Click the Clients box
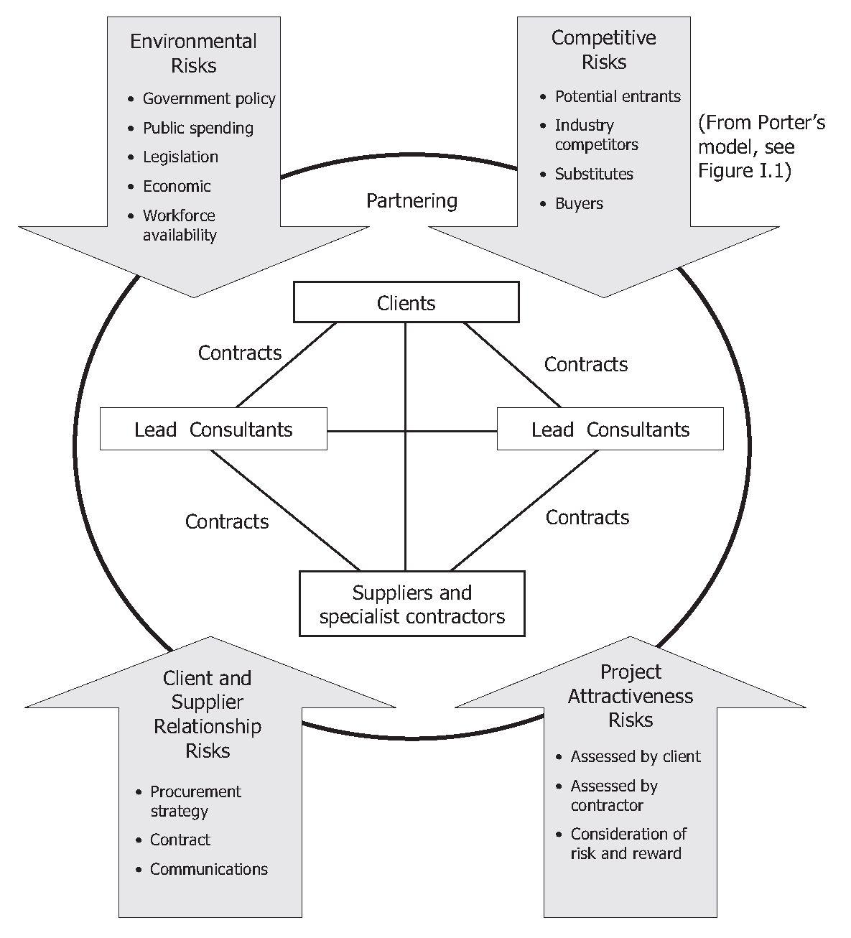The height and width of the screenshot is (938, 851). click(x=406, y=302)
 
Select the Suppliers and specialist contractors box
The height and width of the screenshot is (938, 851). click(x=411, y=604)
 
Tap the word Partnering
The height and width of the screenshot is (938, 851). click(x=411, y=200)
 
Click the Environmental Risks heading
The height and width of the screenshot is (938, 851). click(x=193, y=53)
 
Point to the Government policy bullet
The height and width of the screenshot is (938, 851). click(x=208, y=98)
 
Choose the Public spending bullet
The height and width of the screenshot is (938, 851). click(x=197, y=128)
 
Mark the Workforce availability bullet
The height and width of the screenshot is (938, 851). click(x=180, y=225)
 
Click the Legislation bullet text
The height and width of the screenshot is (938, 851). click(x=180, y=157)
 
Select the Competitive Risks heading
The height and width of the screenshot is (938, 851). click(x=603, y=50)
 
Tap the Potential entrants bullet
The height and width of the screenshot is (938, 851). click(x=617, y=96)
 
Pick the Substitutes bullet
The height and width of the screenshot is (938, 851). click(x=594, y=174)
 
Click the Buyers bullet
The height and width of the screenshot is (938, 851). click(x=579, y=203)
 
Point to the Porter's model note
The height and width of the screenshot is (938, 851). click(x=761, y=147)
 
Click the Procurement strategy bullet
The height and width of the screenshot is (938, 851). click(x=195, y=801)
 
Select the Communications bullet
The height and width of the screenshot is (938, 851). click(x=208, y=869)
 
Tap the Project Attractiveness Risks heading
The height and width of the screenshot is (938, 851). click(x=630, y=696)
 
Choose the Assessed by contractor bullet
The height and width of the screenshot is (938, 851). click(x=613, y=796)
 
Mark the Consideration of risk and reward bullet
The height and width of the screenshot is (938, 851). click(x=628, y=844)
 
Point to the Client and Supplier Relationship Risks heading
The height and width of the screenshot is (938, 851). click(x=208, y=714)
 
